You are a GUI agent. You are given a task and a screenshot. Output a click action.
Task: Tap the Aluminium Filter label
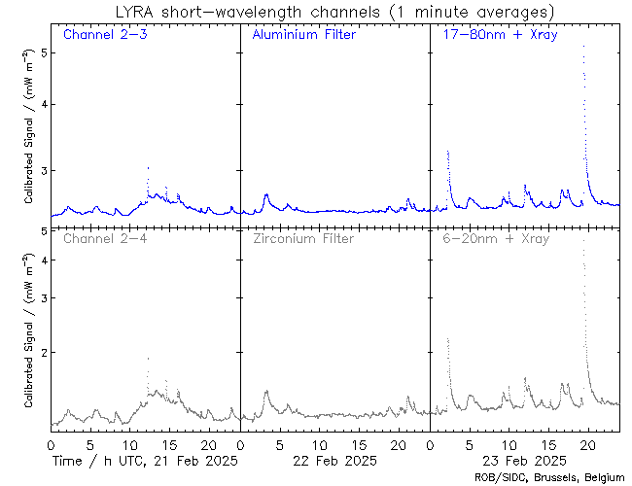click(303, 35)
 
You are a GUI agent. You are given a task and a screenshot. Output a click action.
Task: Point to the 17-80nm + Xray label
click(495, 35)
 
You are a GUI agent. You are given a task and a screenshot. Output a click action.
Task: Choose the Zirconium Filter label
click(302, 238)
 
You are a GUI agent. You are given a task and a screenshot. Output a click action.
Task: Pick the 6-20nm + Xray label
click(495, 238)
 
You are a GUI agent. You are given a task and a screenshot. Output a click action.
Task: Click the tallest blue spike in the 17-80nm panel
click(583, 47)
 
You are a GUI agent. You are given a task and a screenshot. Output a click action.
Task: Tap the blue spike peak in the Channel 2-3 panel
click(148, 168)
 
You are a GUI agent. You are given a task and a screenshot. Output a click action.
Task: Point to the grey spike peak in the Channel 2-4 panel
click(148, 359)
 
